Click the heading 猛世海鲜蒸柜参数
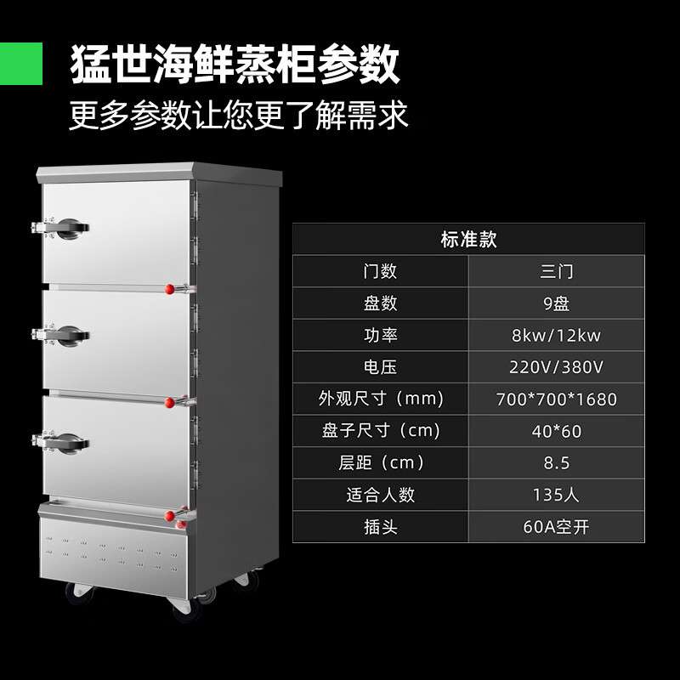(x=235, y=63)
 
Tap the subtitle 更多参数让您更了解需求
(x=239, y=114)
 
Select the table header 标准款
(x=468, y=239)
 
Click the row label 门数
(x=380, y=271)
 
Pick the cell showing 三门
(x=557, y=271)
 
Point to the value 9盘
(x=557, y=303)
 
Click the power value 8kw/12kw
(x=557, y=335)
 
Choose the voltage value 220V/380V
(x=557, y=367)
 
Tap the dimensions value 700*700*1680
(x=557, y=399)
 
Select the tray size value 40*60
(x=557, y=431)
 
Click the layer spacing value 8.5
(x=557, y=463)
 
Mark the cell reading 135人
(x=557, y=495)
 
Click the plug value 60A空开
(x=557, y=527)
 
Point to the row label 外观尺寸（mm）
(x=380, y=399)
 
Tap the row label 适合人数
(x=380, y=495)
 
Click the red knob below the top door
(x=169, y=290)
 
